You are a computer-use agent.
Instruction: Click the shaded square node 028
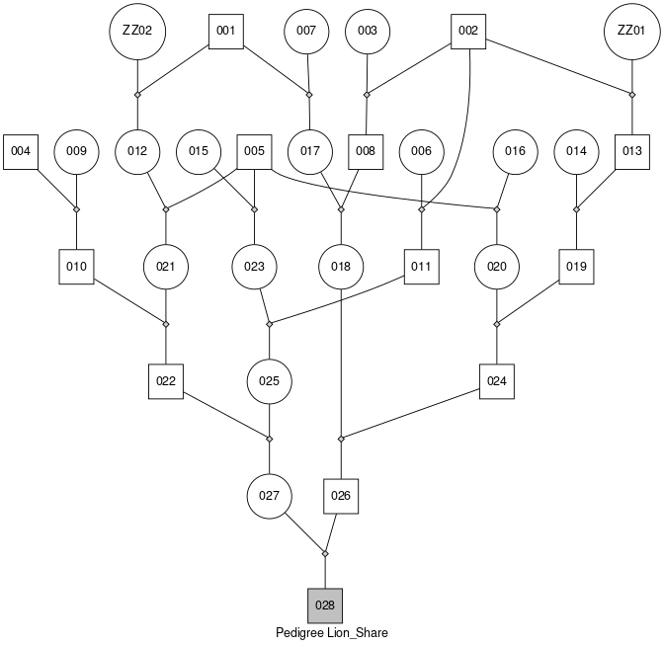click(325, 604)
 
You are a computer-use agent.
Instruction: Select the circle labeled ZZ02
click(137, 31)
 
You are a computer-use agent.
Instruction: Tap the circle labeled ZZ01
click(631, 31)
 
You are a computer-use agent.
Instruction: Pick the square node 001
click(226, 31)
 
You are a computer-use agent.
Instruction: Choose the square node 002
click(468, 31)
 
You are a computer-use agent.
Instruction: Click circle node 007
click(306, 31)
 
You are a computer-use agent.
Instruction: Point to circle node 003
click(368, 31)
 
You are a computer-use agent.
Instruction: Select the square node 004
click(21, 151)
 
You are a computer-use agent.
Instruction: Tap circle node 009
click(77, 151)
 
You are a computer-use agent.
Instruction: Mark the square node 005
click(255, 151)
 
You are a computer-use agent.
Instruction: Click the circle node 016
click(515, 151)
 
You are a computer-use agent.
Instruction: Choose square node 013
click(632, 151)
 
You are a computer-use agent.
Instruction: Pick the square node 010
click(77, 267)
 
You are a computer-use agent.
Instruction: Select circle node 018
click(342, 267)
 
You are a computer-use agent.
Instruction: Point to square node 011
click(422, 267)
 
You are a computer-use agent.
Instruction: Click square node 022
click(166, 381)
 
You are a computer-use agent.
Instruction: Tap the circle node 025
click(270, 381)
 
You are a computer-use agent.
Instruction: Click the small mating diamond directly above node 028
click(325, 553)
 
